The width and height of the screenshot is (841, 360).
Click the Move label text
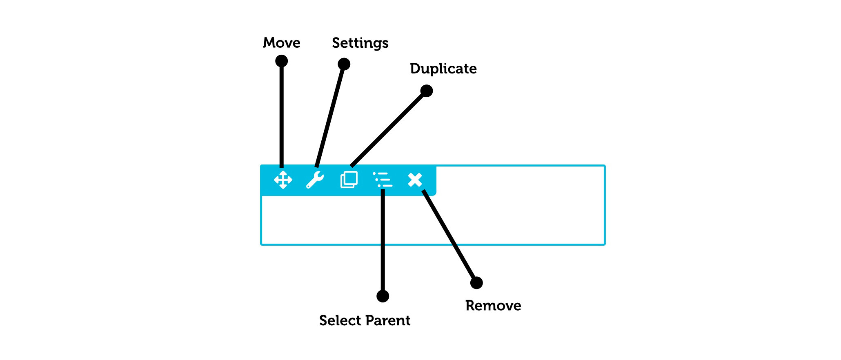coord(282,43)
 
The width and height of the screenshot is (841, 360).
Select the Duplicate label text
coord(443,69)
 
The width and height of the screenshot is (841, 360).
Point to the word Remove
coord(493,306)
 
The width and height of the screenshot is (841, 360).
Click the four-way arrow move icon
coord(283,180)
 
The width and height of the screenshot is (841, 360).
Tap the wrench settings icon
coord(315,180)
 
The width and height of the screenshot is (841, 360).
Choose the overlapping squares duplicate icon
coord(349,180)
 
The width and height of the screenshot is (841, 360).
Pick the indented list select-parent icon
coord(383,180)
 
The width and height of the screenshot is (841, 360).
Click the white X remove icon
coord(415,180)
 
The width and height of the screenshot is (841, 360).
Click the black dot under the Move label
coord(282,61)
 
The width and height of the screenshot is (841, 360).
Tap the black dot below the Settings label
coord(344,64)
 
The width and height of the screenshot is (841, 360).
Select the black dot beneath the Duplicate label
coord(427,91)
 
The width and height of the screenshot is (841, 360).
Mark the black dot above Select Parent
coord(383,296)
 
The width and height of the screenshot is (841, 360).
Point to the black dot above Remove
coord(476,283)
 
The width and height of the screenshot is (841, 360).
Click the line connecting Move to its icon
coord(282,114)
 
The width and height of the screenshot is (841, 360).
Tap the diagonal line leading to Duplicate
coord(388,129)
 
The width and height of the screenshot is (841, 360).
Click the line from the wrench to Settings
coord(330,116)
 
